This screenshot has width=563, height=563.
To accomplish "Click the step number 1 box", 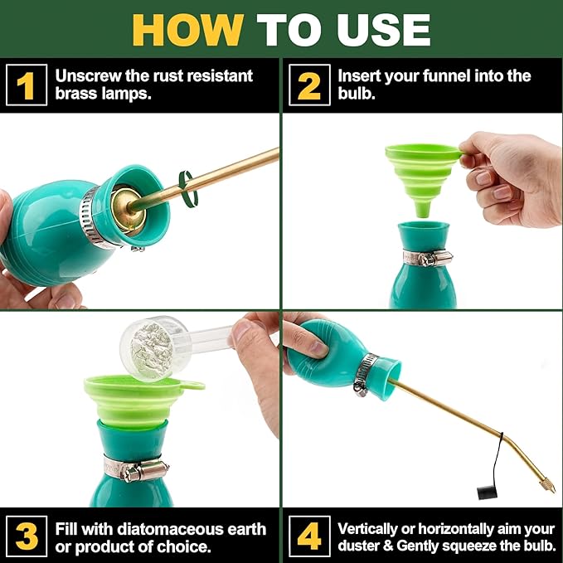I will [x=27, y=85].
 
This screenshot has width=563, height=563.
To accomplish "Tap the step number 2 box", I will [x=309, y=85].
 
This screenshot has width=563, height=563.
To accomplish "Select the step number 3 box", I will [x=27, y=536].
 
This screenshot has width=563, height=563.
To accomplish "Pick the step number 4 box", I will [x=309, y=536].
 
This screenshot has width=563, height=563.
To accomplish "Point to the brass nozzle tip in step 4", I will [x=546, y=480].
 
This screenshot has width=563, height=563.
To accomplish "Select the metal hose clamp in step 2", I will [x=427, y=258].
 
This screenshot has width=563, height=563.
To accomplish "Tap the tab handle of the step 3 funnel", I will [x=192, y=386].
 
